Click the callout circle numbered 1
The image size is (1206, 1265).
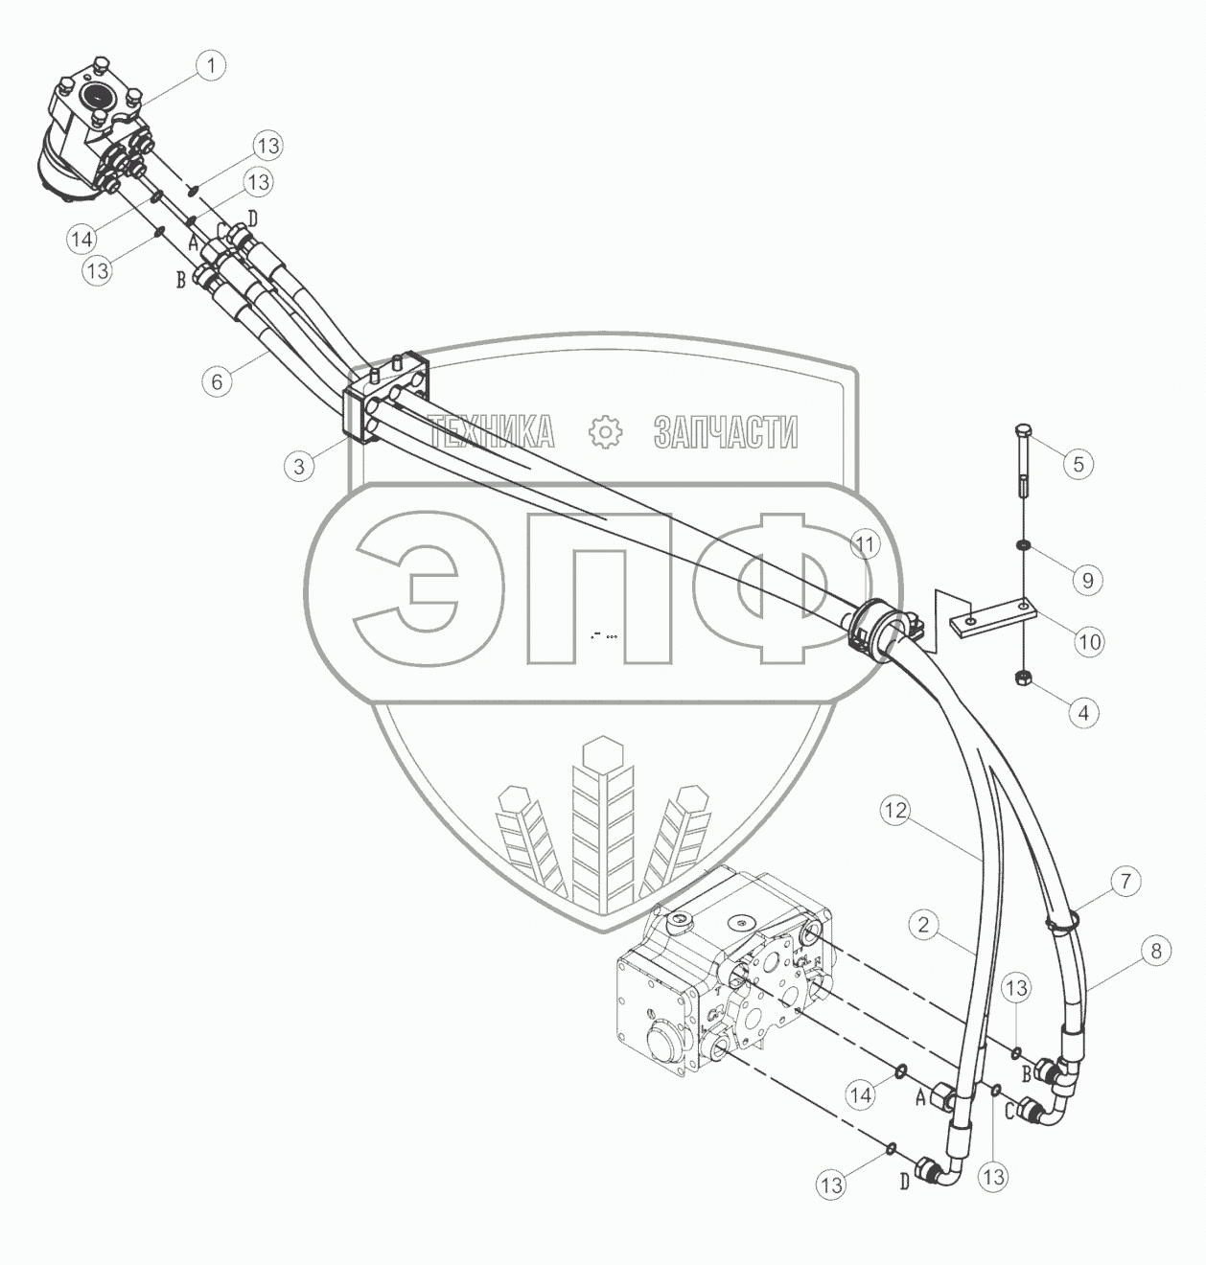coord(211,66)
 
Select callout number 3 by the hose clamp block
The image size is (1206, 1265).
coord(299,467)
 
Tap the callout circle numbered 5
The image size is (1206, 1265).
coord(1078,464)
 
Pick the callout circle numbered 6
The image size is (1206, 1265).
coord(217,381)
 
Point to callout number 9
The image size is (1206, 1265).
coord(1087,580)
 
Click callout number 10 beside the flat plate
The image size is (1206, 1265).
coord(1090,640)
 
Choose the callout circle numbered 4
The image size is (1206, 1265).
coord(1083,713)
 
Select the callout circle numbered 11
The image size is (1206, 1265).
coord(866,545)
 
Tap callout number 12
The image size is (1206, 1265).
coord(894,811)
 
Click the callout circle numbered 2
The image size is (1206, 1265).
coord(923,925)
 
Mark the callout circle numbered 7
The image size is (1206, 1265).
coord(1126,881)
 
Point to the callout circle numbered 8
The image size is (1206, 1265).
coord(1156,951)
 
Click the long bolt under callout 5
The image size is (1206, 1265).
coord(1022,461)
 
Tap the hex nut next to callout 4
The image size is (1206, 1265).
coord(1023,679)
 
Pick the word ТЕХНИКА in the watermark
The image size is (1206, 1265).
coord(492,433)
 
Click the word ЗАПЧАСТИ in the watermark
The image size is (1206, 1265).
coord(726,433)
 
